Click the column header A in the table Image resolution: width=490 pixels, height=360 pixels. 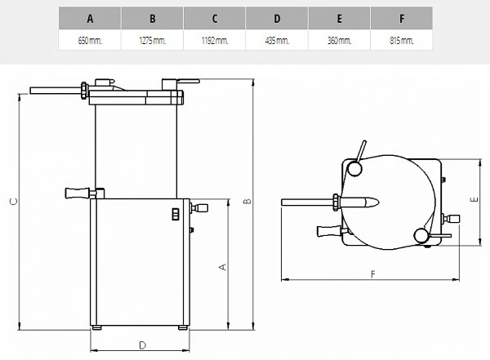(x=90, y=19)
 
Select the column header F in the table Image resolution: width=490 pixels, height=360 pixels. (x=402, y=19)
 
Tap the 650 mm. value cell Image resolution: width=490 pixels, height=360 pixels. (x=90, y=40)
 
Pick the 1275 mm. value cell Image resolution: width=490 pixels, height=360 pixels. (x=152, y=40)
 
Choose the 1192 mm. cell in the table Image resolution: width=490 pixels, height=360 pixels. (x=214, y=40)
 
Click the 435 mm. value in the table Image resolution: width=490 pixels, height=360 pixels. (x=277, y=40)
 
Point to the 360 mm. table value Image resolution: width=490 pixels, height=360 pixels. (x=340, y=40)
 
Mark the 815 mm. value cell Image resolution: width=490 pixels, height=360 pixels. (x=402, y=40)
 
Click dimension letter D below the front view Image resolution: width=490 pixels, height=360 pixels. (x=142, y=345)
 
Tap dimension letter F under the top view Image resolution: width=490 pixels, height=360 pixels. (x=373, y=274)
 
